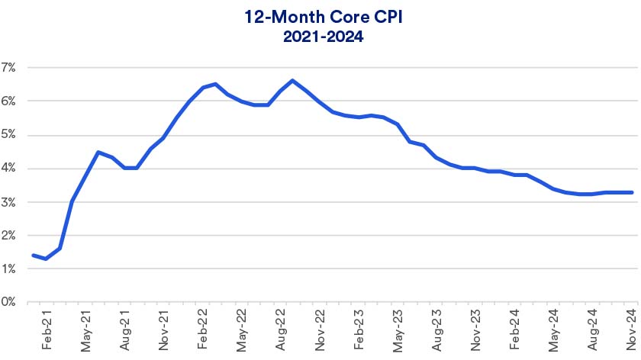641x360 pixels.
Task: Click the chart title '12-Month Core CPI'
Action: pyautogui.click(x=320, y=16)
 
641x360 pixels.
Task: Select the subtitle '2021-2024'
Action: pyautogui.click(x=320, y=35)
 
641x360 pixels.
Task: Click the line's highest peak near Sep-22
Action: pyautogui.click(x=293, y=80)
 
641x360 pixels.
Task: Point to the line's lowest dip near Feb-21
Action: pyautogui.click(x=47, y=259)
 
